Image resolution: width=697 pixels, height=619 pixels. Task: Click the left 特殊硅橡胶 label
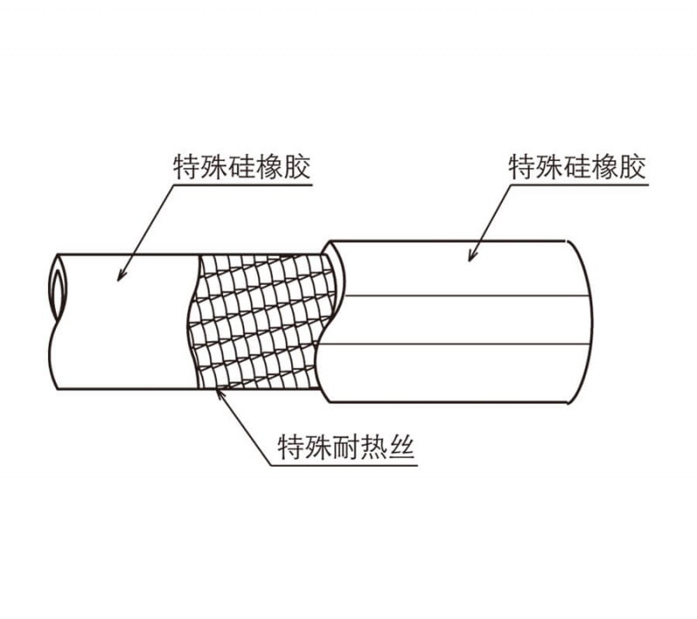coord(241,167)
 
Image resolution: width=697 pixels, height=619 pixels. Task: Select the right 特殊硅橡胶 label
coord(577,167)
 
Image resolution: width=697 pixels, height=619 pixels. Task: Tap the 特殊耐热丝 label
coord(346,447)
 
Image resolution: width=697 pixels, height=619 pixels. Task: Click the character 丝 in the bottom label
coord(402,447)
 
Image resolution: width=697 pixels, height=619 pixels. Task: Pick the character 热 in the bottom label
coord(374,447)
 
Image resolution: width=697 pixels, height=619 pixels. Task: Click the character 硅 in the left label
coord(241,167)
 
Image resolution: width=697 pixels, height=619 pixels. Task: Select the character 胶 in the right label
coord(633,167)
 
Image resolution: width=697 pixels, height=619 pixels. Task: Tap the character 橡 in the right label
coord(605,167)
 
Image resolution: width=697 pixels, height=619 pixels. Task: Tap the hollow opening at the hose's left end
coord(58,289)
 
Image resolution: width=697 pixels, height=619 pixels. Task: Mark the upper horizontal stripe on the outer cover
coord(464,296)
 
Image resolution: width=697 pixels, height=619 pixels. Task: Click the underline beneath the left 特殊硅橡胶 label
coord(242,185)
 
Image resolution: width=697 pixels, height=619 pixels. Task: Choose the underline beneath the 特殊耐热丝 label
coord(344,466)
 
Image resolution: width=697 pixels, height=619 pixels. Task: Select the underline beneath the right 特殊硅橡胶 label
coord(579,185)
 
